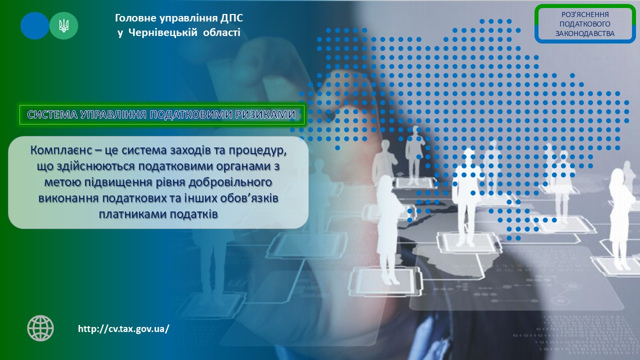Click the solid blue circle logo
(34, 25)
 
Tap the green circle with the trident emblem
(63, 25)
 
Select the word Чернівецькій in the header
(163, 32)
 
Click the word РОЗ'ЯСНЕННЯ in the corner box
(585, 14)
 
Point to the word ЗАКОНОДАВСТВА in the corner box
(585, 33)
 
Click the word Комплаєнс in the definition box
(61, 150)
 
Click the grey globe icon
(40, 328)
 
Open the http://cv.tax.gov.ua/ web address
(123, 329)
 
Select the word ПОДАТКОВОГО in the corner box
(585, 24)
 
